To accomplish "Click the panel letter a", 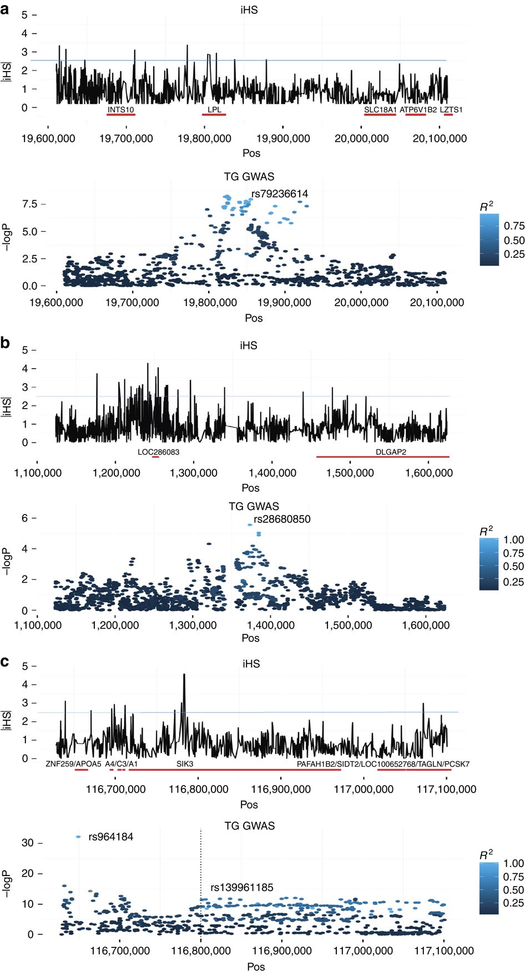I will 5,9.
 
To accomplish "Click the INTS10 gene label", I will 120,109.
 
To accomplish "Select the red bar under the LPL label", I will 214,115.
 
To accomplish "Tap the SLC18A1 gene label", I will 380,110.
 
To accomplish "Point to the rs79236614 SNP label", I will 280,193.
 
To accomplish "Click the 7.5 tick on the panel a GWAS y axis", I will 29,204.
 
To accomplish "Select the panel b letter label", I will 6,343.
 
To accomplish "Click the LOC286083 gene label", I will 158,452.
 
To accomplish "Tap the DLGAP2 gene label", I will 391,452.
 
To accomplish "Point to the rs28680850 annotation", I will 282,519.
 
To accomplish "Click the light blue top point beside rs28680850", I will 250,524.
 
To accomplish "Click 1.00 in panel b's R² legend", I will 513,539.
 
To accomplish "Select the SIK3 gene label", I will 185,763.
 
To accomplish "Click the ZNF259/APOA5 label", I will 73,763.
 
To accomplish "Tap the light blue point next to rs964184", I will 78,837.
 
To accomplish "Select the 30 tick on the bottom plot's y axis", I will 28,843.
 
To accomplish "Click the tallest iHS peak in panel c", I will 184,675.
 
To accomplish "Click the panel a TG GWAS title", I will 249,176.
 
